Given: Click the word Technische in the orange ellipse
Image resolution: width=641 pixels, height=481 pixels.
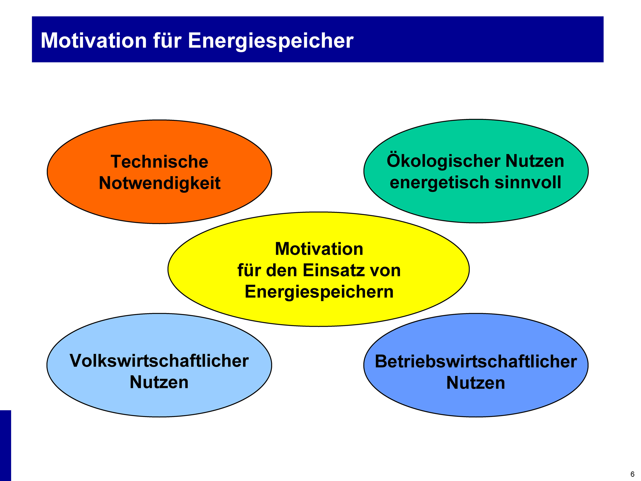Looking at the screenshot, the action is [159, 162].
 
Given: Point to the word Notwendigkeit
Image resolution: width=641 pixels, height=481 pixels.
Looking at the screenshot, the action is [160, 183].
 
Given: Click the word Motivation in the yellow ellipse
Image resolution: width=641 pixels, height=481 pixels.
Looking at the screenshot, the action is [319, 249].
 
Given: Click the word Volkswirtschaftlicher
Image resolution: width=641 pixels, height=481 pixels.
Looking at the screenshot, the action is [159, 361].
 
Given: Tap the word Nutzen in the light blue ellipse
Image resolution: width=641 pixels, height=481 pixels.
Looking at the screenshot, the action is [159, 382].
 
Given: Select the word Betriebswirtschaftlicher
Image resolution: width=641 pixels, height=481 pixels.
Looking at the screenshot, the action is [476, 361].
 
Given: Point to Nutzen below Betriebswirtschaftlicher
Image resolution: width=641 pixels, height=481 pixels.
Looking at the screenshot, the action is [476, 383].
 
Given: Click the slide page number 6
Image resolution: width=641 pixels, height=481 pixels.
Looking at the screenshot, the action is [633, 474].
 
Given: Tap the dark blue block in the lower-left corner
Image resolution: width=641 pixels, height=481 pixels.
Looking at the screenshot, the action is [5, 445].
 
